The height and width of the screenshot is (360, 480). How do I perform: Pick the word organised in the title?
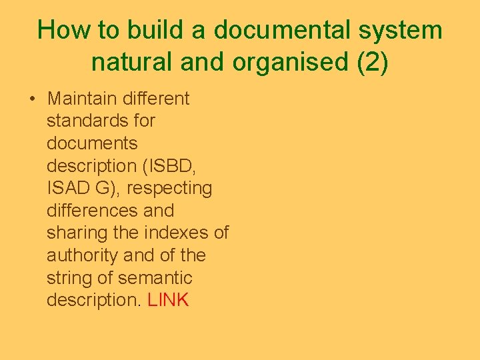pos(287,62)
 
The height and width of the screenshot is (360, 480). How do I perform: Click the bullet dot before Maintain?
pos(32,99)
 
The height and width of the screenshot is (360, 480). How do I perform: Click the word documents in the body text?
pos(92,143)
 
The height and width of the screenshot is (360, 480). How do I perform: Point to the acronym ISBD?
pos(181,166)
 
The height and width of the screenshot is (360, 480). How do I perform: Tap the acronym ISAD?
pos(68,189)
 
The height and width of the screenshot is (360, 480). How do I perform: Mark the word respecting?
pos(169,189)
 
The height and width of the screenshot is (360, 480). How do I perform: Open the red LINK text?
pos(168,301)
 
